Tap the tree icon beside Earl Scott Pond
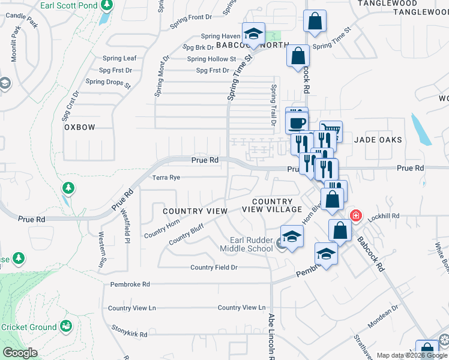tap(107, 5)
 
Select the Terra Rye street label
tap(166, 178)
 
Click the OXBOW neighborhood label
tap(80, 127)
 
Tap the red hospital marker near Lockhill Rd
tap(356, 215)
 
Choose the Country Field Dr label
tap(214, 268)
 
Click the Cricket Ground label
tap(29, 327)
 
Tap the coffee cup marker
tap(297, 123)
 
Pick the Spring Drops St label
tap(108, 83)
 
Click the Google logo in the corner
tap(20, 353)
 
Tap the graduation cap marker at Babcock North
tap(253, 34)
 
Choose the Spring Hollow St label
tap(211, 59)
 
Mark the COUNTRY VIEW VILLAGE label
tap(272, 205)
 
